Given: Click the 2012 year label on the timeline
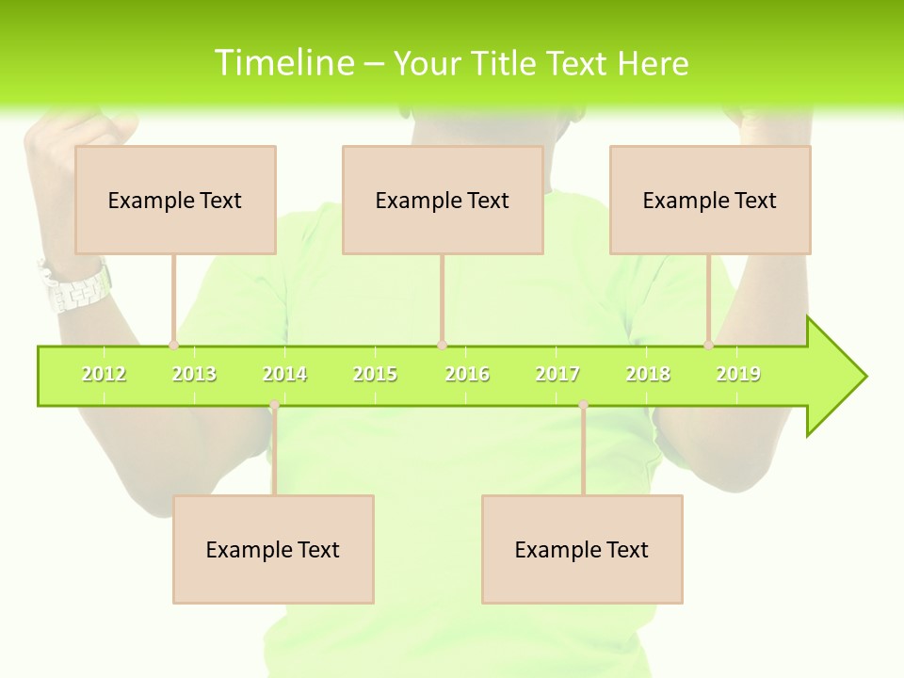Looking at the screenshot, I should (104, 374).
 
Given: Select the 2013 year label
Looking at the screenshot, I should (194, 374).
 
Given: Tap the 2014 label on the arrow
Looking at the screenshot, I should (284, 374).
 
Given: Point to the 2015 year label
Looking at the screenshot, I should (375, 374).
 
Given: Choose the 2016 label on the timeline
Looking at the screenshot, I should (467, 374).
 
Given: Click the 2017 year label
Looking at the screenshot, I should (557, 374).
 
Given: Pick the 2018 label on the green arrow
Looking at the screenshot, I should (648, 374).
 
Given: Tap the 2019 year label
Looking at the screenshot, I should (738, 374).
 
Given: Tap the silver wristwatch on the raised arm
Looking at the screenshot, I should (75, 287).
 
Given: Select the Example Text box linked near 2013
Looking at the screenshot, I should (175, 200).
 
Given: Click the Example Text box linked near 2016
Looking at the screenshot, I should (443, 200).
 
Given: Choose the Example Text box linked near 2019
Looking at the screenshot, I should (710, 200).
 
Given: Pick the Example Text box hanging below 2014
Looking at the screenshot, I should (273, 549).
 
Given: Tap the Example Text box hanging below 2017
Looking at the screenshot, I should (582, 549).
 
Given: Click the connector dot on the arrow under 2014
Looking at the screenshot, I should (274, 405).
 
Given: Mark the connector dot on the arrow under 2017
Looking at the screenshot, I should (583, 405).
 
